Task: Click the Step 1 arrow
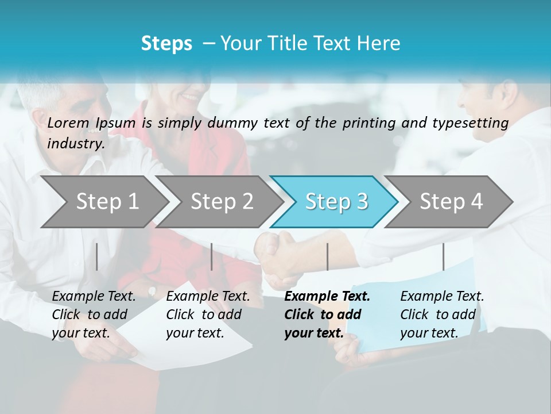tap(106, 202)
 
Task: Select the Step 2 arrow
tap(221, 202)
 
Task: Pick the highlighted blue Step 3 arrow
tap(335, 202)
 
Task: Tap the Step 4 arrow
tap(451, 202)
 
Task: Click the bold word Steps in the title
tap(166, 44)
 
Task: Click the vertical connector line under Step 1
tap(97, 256)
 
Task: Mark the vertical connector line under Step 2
tap(212, 256)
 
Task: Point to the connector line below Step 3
tap(327, 256)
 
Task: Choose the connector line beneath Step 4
tap(443, 256)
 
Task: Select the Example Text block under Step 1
tap(94, 315)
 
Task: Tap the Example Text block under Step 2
tap(208, 315)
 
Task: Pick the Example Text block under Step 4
tap(442, 315)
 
